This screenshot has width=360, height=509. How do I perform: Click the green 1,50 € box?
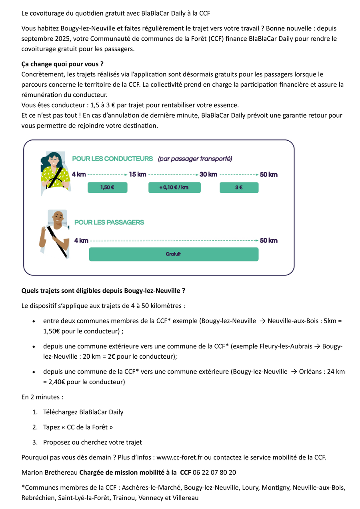click(107, 188)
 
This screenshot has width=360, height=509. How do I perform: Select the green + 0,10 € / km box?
click(174, 188)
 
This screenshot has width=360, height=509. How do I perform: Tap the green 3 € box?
click(239, 188)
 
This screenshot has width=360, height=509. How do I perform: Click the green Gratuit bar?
click(173, 254)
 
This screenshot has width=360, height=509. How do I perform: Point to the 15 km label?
click(137, 175)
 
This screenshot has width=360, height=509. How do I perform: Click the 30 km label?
click(208, 175)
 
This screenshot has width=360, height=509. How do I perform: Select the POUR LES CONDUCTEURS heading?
click(112, 159)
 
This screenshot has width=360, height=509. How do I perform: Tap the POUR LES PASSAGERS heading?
click(109, 222)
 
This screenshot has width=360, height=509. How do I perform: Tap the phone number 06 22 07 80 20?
click(214, 473)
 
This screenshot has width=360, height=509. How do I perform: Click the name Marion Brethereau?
click(50, 473)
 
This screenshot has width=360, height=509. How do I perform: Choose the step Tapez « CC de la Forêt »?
click(78, 427)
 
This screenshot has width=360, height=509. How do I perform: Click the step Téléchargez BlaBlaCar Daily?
click(83, 412)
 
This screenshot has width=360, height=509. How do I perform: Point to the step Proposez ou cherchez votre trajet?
click(92, 442)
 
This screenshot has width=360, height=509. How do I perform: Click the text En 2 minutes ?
click(42, 397)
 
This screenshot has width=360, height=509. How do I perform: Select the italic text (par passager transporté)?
click(195, 159)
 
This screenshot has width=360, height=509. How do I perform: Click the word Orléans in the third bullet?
click(312, 371)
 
